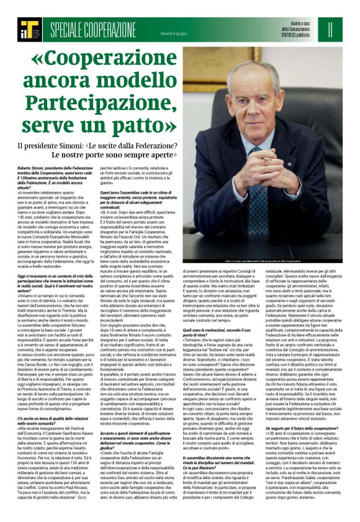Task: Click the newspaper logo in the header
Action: pos(29,28)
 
